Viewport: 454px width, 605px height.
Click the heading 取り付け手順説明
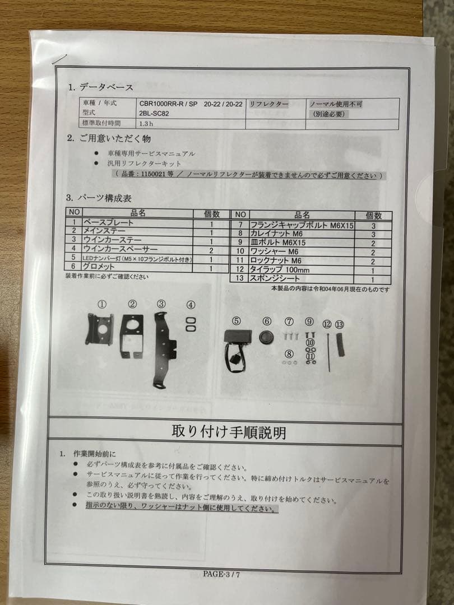tap(228, 433)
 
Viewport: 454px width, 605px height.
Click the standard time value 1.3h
tap(148, 124)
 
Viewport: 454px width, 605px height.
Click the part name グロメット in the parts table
tap(100, 268)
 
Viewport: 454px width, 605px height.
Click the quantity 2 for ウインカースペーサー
tap(211, 250)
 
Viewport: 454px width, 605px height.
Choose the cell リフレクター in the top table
tap(269, 104)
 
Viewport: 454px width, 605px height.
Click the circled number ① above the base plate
tap(101, 304)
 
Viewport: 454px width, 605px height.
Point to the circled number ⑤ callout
tap(237, 321)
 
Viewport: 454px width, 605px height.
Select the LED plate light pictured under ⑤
tap(236, 342)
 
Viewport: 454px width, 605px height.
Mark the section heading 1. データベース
tap(101, 87)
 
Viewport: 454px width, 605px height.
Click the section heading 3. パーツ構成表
tap(99, 198)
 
